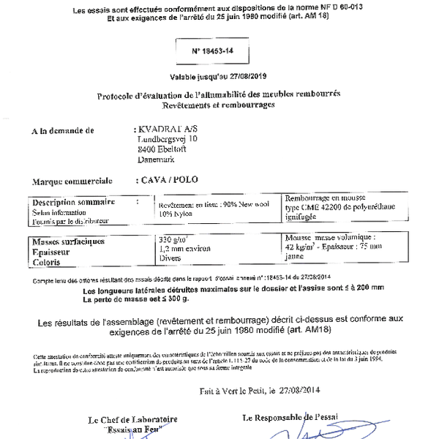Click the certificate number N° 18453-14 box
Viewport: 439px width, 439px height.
(x=219, y=53)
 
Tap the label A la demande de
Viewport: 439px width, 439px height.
(x=64, y=131)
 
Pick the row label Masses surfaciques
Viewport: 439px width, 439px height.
(x=68, y=241)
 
